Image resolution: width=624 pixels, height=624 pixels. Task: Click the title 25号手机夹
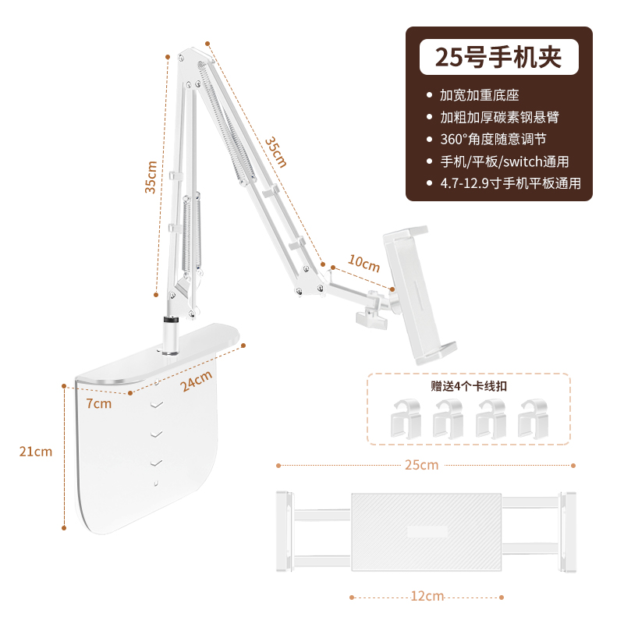point(498,57)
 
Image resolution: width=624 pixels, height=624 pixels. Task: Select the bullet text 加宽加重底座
point(479,95)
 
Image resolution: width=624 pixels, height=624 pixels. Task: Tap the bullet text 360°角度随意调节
point(493,140)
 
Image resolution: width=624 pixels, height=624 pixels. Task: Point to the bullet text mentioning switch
point(504,161)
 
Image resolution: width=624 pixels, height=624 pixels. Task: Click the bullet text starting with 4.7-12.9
point(510,183)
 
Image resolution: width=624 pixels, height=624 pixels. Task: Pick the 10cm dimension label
point(363,263)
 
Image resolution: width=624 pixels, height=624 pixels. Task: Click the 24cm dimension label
point(196,381)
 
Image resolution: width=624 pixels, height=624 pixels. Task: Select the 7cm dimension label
point(99,403)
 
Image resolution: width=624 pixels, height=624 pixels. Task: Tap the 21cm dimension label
point(36,452)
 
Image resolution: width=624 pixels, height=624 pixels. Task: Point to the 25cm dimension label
point(421,465)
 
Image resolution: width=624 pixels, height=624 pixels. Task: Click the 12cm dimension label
point(427,596)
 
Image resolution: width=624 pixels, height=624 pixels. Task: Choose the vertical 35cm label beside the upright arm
point(151,177)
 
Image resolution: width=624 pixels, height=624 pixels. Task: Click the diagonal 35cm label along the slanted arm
point(276,152)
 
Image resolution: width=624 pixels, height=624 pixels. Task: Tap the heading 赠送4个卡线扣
point(469,386)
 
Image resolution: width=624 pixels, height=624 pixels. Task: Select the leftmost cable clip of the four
point(406,419)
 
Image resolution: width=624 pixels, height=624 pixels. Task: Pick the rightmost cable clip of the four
point(534,419)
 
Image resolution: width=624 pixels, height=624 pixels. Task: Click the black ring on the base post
point(171,321)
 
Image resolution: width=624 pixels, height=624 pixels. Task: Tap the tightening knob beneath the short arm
point(372,319)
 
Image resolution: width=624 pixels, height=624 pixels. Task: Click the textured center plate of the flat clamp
point(426,532)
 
